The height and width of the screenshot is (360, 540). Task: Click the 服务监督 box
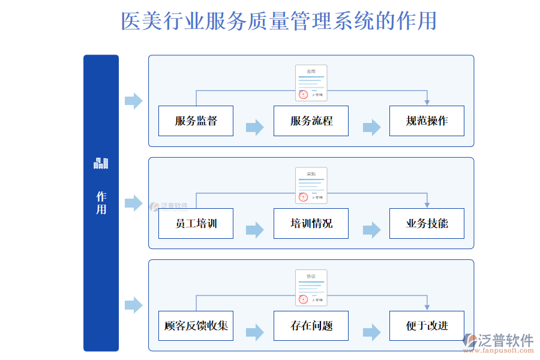coord(196,121)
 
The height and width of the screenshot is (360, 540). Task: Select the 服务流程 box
coord(311,121)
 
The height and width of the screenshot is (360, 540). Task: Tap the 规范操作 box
coord(427,121)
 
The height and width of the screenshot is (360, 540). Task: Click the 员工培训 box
coord(196,223)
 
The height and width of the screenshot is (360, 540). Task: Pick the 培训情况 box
coord(311,223)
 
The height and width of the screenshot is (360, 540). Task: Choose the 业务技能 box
coord(427,223)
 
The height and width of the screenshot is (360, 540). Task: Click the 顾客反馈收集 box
coord(196,326)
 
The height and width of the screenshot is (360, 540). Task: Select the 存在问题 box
coord(311,326)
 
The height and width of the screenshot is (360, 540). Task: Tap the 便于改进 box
coord(427,326)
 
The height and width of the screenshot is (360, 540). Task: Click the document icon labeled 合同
coord(311,83)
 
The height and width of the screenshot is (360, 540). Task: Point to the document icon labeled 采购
coord(311,185)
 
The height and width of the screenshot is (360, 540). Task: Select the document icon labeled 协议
coord(311,288)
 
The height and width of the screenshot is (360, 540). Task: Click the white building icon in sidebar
coord(101,163)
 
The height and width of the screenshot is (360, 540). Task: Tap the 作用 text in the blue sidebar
coord(101,203)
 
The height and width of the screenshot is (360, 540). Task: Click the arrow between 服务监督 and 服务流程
coord(254,127)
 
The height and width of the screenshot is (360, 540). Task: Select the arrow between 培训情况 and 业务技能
coord(371,230)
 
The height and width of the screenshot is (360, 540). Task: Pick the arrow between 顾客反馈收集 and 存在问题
coord(254,332)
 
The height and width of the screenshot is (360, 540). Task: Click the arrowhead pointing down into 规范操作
coord(427,102)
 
